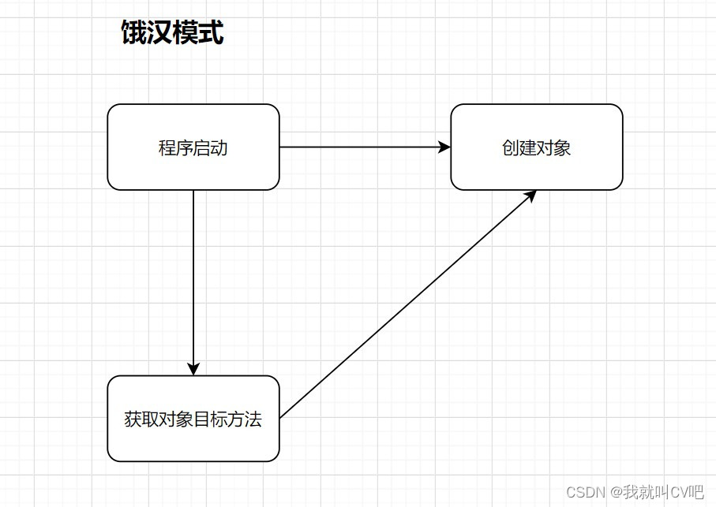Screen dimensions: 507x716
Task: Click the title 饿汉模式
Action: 172,33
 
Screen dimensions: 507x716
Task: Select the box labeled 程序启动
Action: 193,147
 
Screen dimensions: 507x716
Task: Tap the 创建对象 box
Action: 537,147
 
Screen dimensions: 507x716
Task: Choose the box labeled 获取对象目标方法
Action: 193,419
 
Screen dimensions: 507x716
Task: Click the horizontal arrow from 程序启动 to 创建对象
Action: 363,147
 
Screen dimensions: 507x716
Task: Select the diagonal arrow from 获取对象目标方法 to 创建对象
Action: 407,304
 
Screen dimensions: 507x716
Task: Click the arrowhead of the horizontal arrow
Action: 445,147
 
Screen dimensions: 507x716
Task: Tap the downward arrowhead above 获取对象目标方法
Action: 193,369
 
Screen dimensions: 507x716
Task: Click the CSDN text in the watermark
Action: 586,492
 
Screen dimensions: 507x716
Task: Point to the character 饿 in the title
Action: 133,33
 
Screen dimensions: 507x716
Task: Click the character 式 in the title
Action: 211,33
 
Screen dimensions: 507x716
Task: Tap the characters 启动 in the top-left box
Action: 211,147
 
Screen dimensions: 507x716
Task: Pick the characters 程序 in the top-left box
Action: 176,147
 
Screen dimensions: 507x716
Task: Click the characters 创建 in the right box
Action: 519,147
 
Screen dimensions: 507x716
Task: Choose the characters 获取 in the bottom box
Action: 141,419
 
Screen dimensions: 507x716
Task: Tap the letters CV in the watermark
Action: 678,492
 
